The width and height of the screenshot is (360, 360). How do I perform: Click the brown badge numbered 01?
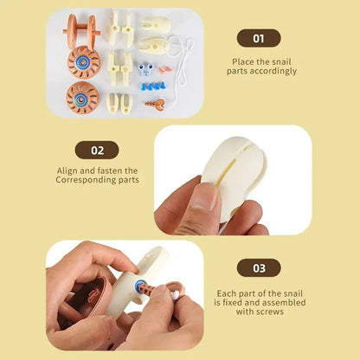click(x=259, y=38)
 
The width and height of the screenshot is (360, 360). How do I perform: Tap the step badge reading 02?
click(x=97, y=150)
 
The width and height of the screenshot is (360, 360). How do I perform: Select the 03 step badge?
click(x=259, y=268)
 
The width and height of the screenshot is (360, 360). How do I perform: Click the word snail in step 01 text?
click(x=281, y=61)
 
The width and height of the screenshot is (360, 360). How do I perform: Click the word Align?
click(x=67, y=170)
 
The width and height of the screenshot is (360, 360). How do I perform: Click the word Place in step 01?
click(x=243, y=61)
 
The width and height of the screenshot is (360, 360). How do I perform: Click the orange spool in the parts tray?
click(x=81, y=30)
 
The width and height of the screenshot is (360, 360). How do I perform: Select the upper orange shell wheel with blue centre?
click(x=84, y=62)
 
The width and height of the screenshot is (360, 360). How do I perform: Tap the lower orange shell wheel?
click(x=82, y=98)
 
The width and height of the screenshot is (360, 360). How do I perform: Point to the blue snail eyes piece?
click(x=145, y=69)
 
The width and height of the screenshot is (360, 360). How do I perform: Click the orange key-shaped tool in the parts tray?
click(x=156, y=105)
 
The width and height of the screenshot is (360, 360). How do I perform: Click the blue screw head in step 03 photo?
click(x=139, y=286)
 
